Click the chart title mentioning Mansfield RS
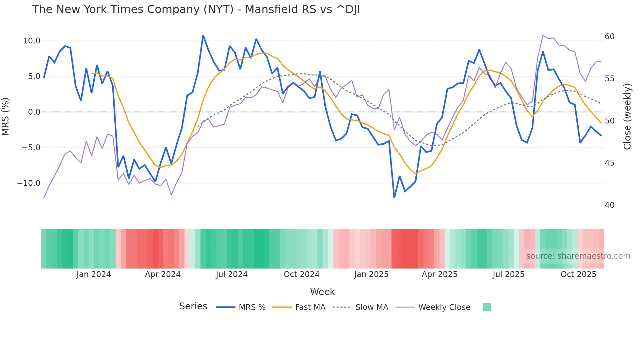click(x=196, y=9)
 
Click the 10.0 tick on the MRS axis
click(x=31, y=41)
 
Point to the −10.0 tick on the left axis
click(x=29, y=183)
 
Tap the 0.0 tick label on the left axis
click(x=34, y=112)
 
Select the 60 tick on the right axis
click(x=609, y=37)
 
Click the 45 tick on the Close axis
click(x=609, y=163)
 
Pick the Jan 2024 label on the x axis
click(x=94, y=274)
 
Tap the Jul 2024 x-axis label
click(x=232, y=274)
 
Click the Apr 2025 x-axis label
click(x=440, y=274)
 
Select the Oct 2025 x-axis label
click(x=578, y=274)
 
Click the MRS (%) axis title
click(x=6, y=116)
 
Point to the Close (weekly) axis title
click(x=627, y=117)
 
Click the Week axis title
click(x=322, y=292)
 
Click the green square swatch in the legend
click(x=487, y=307)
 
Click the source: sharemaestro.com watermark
click(x=578, y=256)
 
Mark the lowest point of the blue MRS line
click(x=394, y=198)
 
